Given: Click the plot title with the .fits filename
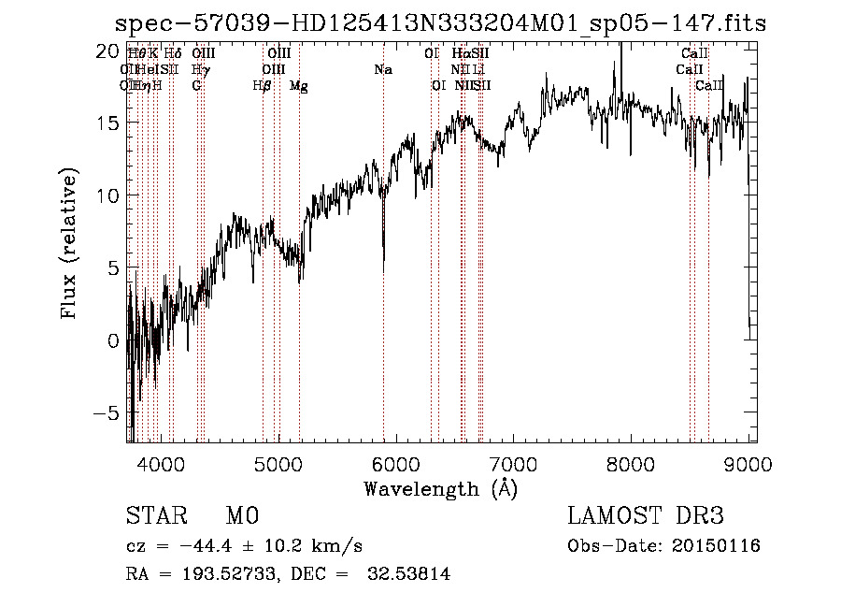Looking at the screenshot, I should point(439,23).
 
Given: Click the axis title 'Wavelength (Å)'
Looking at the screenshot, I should point(440,488).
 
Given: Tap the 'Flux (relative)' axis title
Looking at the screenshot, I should point(69,243).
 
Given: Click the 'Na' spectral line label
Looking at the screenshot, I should point(383,70).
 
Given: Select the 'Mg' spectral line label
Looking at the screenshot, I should point(299,86).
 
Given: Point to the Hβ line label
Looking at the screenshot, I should point(263,86).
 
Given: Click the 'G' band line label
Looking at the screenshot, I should point(197,86).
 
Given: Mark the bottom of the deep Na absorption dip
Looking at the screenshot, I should point(384,269).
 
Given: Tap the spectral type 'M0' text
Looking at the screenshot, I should point(241,516).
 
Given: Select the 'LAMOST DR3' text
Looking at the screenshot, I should point(646,516).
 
